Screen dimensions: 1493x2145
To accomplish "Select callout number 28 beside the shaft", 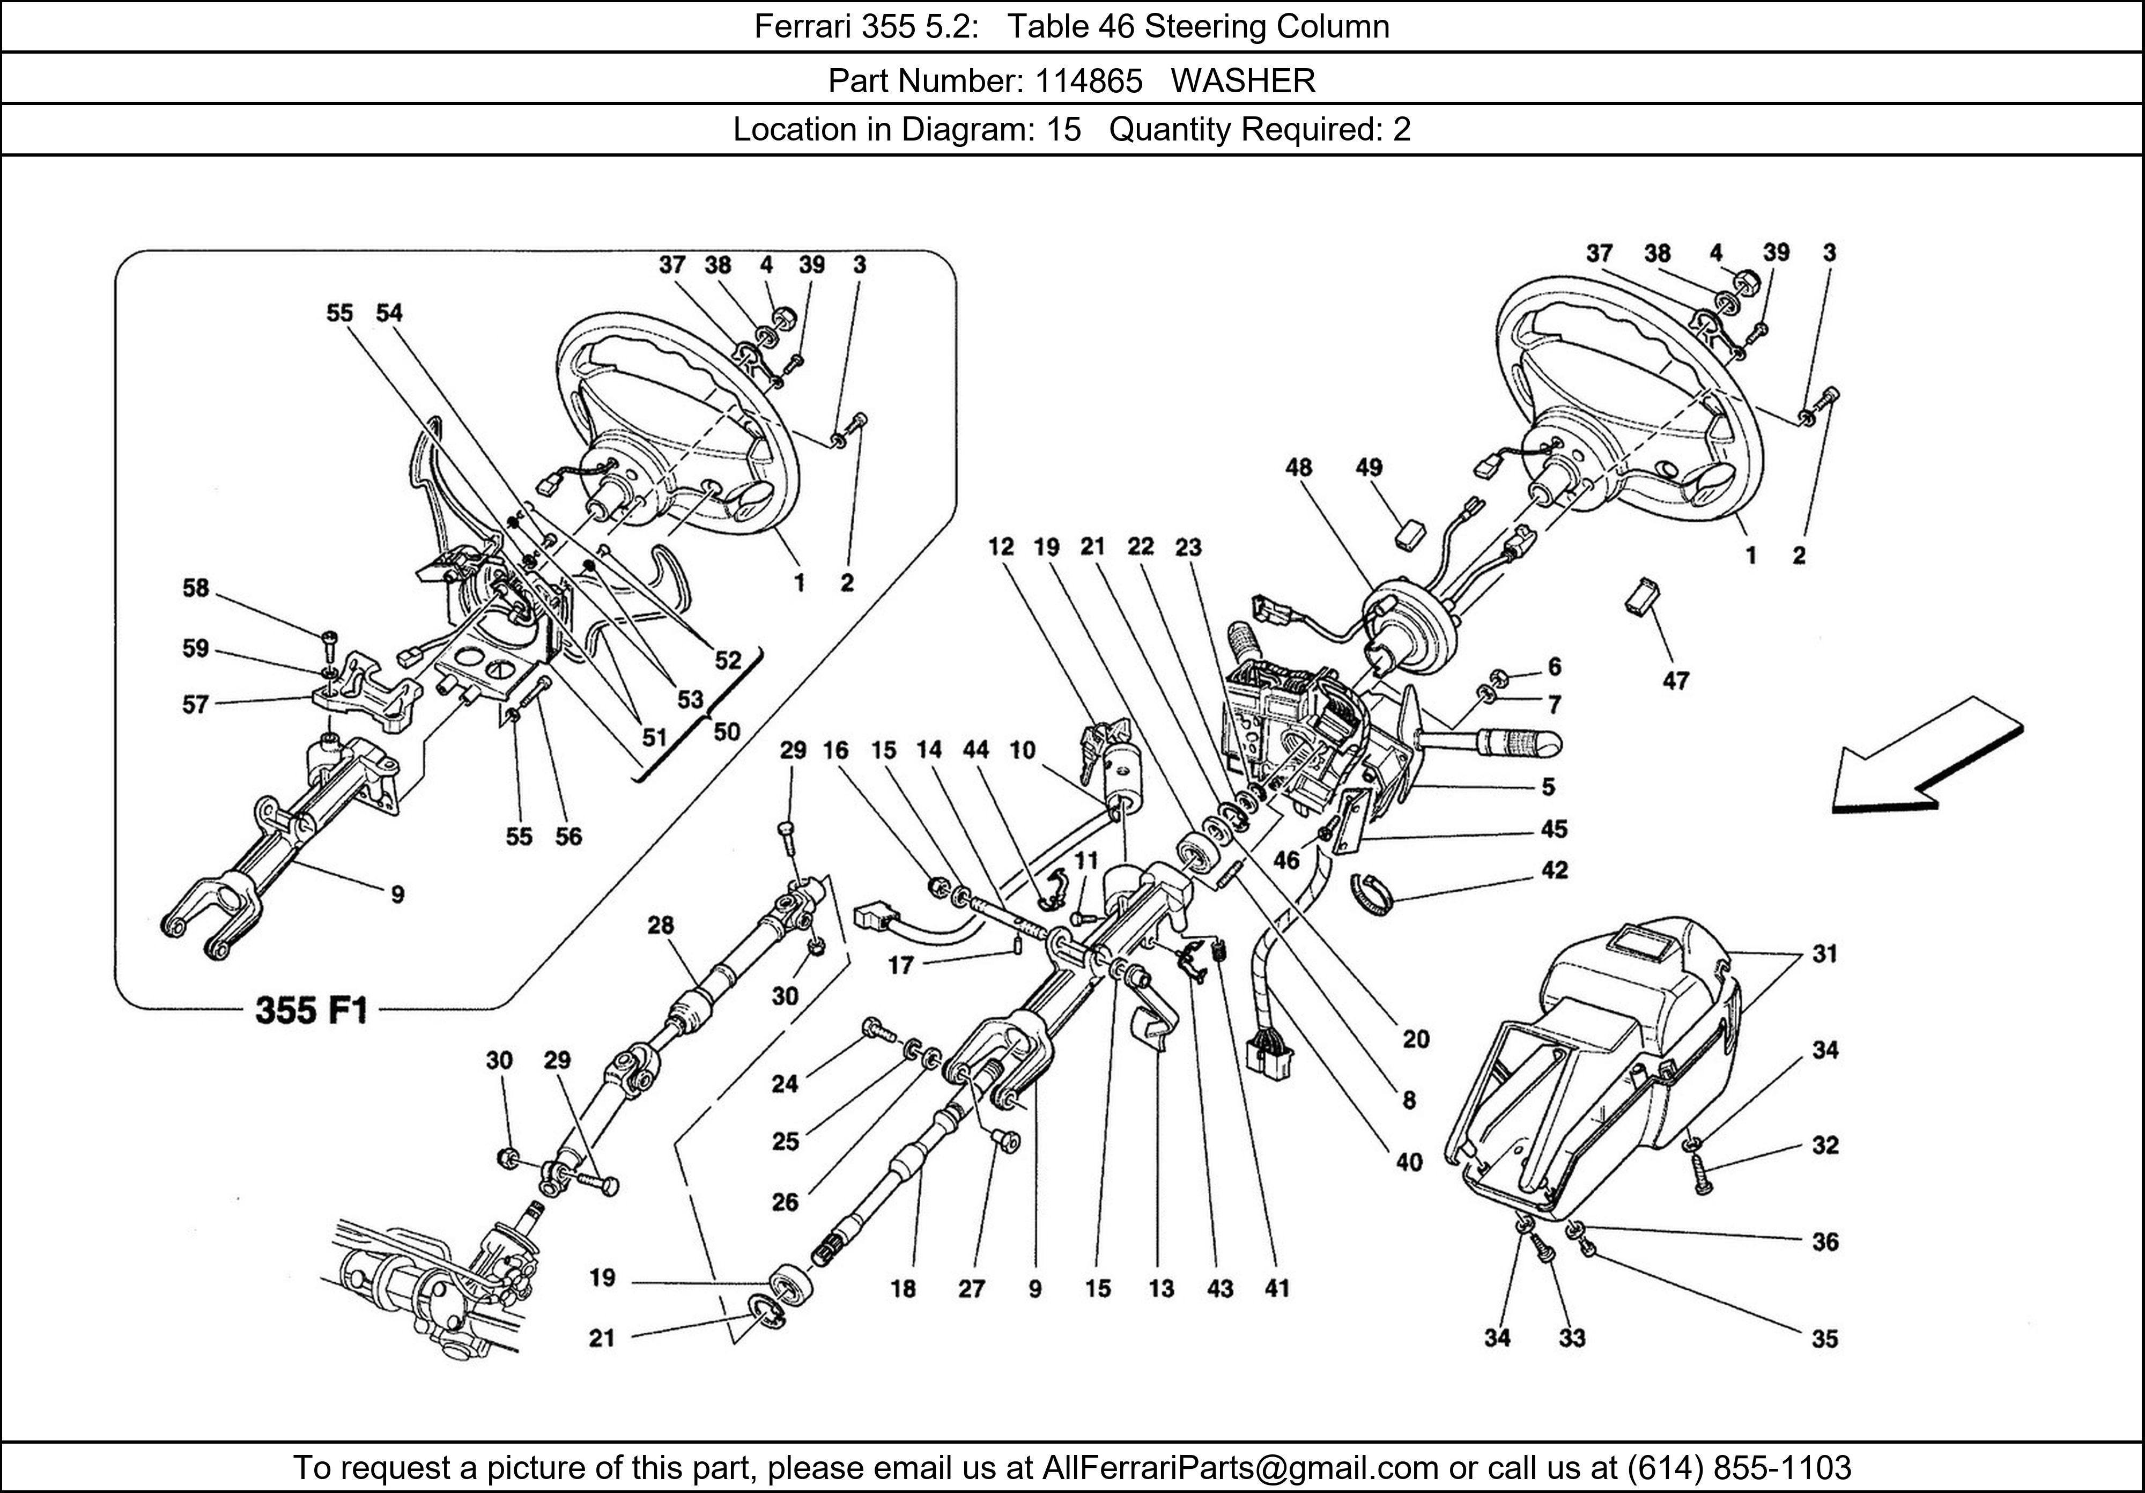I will tap(661, 925).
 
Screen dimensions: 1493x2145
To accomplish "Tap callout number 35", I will tap(1824, 1339).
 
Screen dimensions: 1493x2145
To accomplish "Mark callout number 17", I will tap(900, 965).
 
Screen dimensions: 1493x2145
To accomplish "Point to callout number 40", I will tap(1409, 1162).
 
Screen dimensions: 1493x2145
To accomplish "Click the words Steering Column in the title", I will tap(1267, 26).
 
